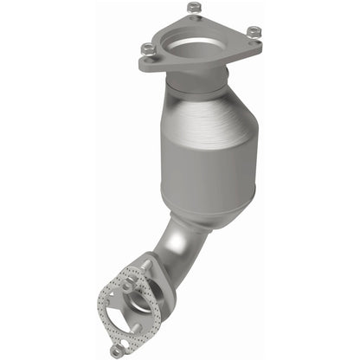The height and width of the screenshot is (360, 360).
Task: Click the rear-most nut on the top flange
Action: (x=193, y=9)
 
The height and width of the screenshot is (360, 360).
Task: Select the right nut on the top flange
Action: (x=252, y=34)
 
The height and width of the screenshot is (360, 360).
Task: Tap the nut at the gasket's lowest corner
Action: (x=115, y=351)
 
